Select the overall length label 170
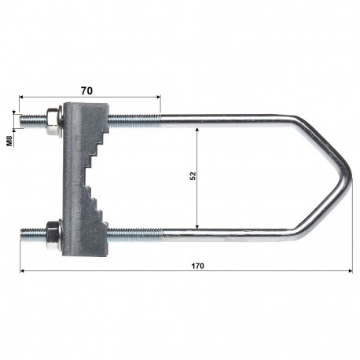(197, 266)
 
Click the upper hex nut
(51, 119)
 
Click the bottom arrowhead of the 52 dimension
(198, 227)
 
